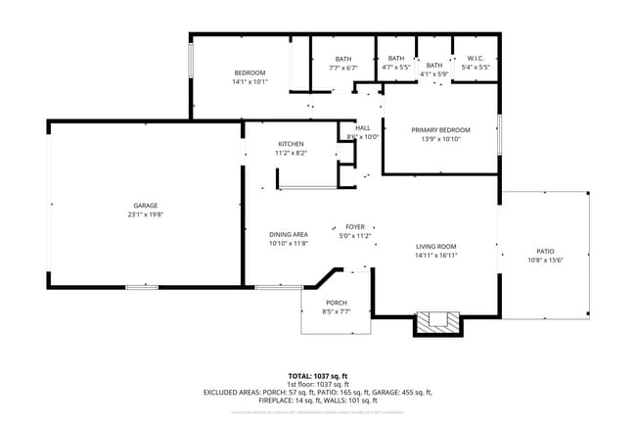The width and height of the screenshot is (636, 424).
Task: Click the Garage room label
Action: pyautogui.click(x=145, y=205)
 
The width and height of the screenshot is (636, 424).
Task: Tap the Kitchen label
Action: pyautogui.click(x=291, y=144)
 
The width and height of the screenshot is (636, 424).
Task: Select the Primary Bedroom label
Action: pyautogui.click(x=440, y=130)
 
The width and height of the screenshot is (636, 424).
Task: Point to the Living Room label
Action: pyautogui.click(x=436, y=246)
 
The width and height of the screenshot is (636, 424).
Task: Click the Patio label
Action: pyautogui.click(x=545, y=251)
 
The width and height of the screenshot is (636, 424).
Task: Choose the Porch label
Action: pyautogui.click(x=336, y=303)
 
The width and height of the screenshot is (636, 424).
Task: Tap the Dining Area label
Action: pyautogui.click(x=289, y=234)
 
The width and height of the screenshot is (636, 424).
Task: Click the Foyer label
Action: pyautogui.click(x=355, y=227)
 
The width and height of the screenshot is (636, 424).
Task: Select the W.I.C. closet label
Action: pyautogui.click(x=476, y=58)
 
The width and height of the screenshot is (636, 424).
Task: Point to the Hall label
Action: pyautogui.click(x=362, y=128)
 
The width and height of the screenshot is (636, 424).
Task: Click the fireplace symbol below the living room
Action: pyautogui.click(x=436, y=323)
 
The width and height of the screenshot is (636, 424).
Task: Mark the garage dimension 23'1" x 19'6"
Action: pyautogui.click(x=145, y=213)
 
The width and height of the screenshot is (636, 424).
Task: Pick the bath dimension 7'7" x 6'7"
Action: pyautogui.click(x=343, y=68)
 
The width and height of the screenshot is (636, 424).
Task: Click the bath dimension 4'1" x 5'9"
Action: pyautogui.click(x=433, y=73)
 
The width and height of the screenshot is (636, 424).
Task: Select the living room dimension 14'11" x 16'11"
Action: pyautogui.click(x=436, y=255)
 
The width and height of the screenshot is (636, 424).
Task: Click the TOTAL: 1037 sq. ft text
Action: pyautogui.click(x=317, y=376)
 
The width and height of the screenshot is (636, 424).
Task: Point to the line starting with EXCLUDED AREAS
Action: pyautogui.click(x=317, y=392)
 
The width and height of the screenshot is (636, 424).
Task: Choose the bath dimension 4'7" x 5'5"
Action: pyautogui.click(x=395, y=68)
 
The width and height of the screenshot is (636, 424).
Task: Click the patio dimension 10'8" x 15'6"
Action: pyautogui.click(x=545, y=259)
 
